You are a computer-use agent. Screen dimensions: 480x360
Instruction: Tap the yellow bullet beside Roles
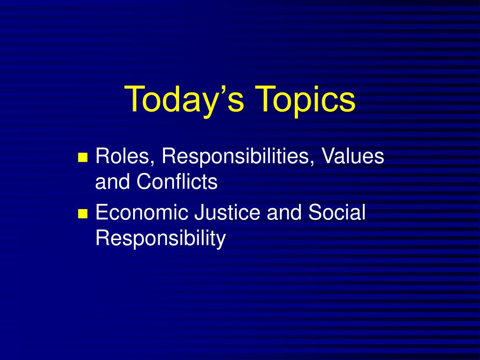[83, 157]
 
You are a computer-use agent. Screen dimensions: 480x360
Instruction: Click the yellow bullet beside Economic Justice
[83, 213]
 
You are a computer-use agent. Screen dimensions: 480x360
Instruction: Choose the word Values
[352, 156]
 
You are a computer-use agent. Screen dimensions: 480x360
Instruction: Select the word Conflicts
[177, 181]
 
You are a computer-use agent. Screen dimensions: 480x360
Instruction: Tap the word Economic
[142, 212]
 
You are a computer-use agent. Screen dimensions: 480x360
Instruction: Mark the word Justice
[227, 212]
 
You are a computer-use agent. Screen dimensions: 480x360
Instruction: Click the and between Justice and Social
[284, 212]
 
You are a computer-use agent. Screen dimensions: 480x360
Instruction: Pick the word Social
[337, 212]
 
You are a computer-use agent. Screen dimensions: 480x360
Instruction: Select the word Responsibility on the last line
[161, 238]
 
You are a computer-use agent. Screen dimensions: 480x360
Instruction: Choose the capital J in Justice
[199, 212]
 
